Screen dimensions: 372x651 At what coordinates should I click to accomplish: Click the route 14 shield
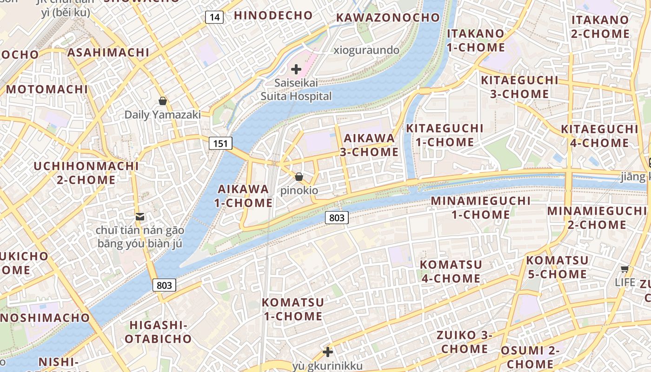click(214, 17)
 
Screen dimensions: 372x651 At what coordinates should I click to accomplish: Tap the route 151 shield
click(220, 143)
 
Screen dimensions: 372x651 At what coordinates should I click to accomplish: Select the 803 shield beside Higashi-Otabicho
click(164, 285)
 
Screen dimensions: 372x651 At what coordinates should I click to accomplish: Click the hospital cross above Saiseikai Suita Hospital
click(296, 70)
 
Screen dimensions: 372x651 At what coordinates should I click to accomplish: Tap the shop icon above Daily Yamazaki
click(163, 100)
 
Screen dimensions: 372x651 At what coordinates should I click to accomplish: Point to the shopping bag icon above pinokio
click(299, 177)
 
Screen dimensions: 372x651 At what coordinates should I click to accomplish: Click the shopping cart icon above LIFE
click(625, 269)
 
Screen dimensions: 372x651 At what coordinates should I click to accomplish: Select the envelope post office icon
click(139, 216)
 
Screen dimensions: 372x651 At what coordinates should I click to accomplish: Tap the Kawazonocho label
click(387, 18)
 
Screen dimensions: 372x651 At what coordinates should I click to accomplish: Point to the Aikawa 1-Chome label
click(243, 196)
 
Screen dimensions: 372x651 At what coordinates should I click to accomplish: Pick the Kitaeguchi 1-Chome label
click(445, 135)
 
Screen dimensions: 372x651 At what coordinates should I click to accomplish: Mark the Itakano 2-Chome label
click(600, 27)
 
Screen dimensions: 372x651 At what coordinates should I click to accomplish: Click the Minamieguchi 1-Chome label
click(481, 207)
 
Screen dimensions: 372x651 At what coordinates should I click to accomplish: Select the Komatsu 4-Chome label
click(451, 271)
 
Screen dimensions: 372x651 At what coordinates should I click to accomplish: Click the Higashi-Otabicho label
click(158, 332)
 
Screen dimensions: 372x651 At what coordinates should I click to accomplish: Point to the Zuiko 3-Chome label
click(464, 342)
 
